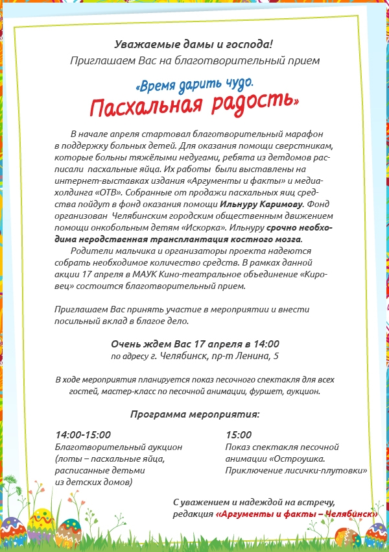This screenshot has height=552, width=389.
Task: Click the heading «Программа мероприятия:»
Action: pos(194,414)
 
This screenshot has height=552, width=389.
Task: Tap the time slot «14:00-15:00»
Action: pos(83,435)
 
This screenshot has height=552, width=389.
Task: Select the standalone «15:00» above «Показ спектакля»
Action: pos(239,435)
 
